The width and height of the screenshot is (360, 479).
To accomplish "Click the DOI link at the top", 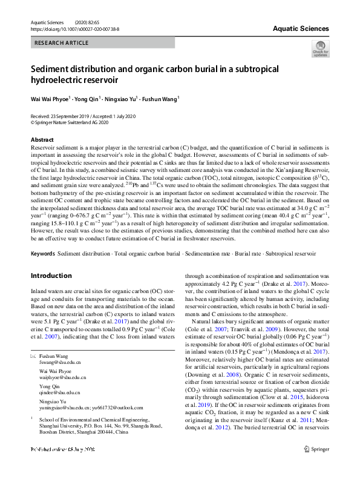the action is [74, 28].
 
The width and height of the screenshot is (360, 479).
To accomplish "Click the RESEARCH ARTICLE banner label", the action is [60, 43].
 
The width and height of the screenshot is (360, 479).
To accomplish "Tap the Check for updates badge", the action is [320, 49].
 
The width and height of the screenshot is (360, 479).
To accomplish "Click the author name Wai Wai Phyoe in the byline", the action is [50, 97].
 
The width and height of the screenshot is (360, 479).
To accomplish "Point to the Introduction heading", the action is [51, 276].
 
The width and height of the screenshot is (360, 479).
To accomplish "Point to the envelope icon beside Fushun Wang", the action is [33, 357].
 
